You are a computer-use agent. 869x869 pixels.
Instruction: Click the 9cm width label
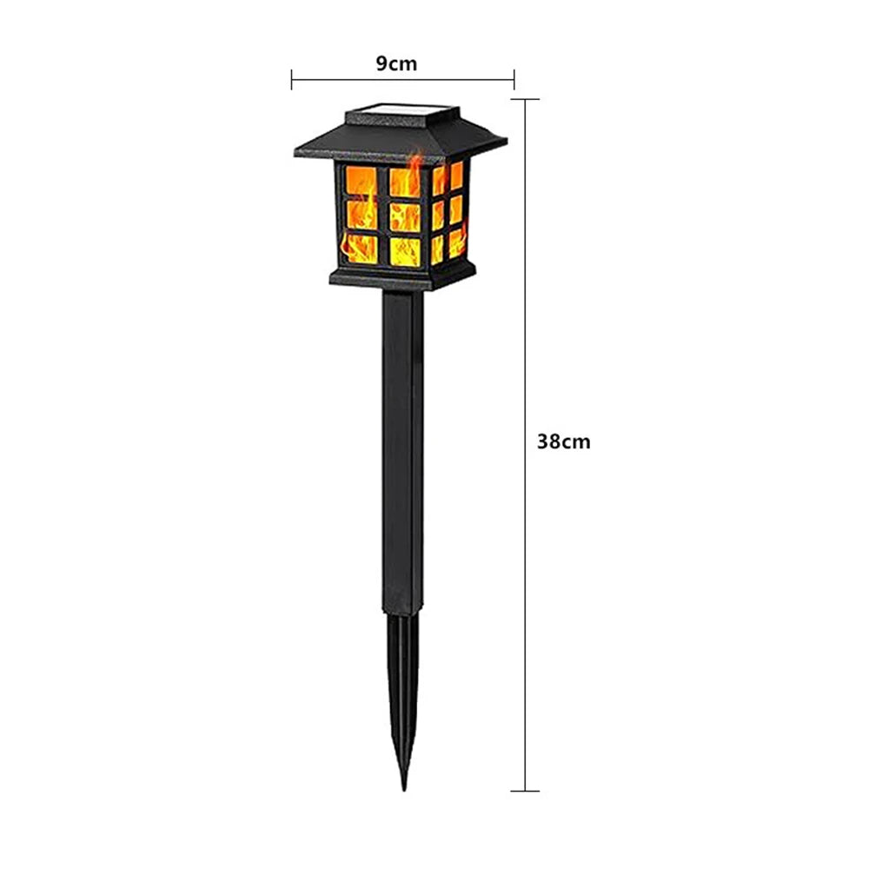pos(396,63)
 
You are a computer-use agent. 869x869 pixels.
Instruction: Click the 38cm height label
pos(563,441)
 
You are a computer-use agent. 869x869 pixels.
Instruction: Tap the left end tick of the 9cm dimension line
pos(292,80)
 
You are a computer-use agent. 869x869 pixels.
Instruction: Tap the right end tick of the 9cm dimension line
pos(514,80)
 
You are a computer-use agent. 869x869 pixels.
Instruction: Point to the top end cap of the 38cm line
pos(524,99)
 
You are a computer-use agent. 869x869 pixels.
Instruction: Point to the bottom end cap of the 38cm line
pos(524,791)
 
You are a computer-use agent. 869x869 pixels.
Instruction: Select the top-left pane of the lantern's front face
pos(361,182)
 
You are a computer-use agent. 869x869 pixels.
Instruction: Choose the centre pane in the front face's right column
pos(405,216)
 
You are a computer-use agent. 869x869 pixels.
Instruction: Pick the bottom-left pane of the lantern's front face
pos(360,249)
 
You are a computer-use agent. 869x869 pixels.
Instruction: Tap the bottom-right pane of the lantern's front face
pos(405,251)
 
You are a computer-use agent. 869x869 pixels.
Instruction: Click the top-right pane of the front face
pos(405,182)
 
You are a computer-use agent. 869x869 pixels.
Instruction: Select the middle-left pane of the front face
pos(361,215)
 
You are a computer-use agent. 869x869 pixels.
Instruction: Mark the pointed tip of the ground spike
pos(403,786)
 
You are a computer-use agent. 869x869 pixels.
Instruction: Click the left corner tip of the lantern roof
pos(297,152)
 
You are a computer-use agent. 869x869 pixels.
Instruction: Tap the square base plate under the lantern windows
pos(400,279)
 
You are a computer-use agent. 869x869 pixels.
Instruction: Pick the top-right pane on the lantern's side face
pos(456,176)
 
